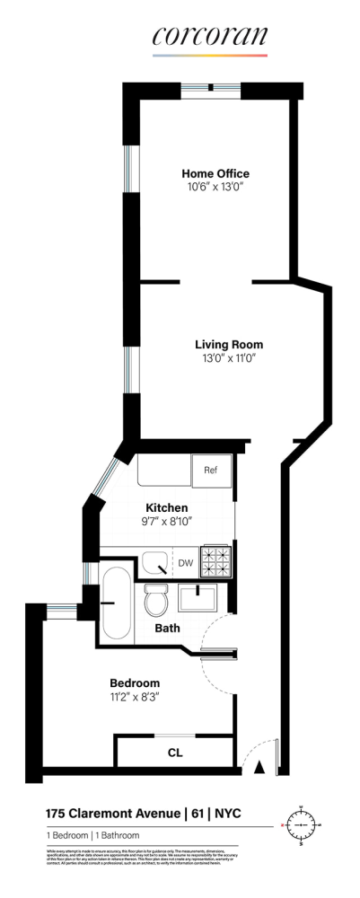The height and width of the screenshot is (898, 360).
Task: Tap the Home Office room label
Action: point(215,173)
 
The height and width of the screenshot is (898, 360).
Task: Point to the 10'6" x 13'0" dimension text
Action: point(215,188)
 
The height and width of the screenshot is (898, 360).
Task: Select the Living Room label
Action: point(229,344)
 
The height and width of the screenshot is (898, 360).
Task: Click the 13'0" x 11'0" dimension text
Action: point(229,358)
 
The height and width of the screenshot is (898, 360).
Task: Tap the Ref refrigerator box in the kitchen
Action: point(212,471)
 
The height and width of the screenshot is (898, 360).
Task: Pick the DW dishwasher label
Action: point(186,564)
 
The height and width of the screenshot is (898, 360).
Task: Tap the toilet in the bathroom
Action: point(156,599)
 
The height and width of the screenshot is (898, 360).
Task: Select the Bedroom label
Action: point(135,682)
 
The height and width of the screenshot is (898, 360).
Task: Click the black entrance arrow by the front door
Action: point(259,767)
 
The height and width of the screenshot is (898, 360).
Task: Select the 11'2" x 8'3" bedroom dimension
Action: point(135,696)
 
